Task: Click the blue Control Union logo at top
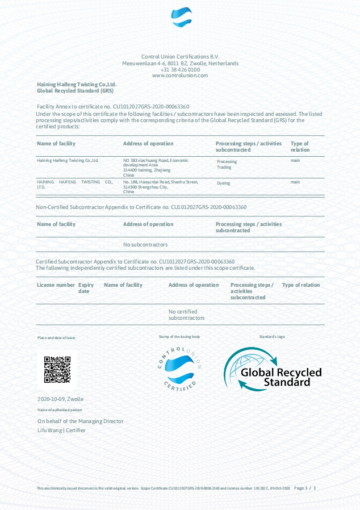pos(182,18)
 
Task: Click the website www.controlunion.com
pos(180,76)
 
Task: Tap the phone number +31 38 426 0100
pos(180,69)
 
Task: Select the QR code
pos(57,369)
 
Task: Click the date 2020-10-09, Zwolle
pos(60,399)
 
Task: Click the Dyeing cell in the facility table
pos(223,183)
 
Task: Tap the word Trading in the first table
pos(224,168)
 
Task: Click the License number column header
pos(56,285)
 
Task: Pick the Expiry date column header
pos(86,288)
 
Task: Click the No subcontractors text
pos(145,245)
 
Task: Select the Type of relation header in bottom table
pos(301,285)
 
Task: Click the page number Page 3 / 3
pos(305,488)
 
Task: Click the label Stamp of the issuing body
pos(179,337)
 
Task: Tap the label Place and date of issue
pos(56,337)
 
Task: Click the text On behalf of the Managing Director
pos(80,421)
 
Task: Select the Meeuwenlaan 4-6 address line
pos(180,64)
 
